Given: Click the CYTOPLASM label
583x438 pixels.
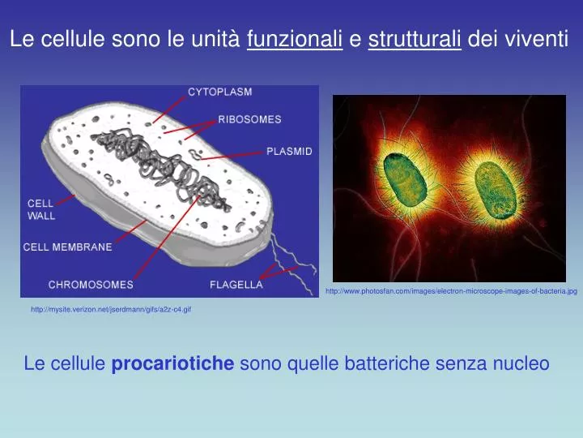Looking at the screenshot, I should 220,92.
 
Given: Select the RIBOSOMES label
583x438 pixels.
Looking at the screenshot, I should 249,119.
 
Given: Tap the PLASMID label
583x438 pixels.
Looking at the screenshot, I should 289,151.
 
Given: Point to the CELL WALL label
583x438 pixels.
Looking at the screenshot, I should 41,209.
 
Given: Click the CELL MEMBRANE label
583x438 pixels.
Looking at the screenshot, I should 67,247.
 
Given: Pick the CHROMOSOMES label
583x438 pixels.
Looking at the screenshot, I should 91,285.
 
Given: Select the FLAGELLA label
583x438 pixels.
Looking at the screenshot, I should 236,285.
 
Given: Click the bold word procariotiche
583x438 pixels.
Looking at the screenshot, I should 172,364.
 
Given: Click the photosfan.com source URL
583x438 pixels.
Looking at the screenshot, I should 451,290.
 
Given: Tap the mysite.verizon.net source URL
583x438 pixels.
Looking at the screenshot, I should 111,309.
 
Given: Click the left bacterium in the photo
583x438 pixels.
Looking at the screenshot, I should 405,178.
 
